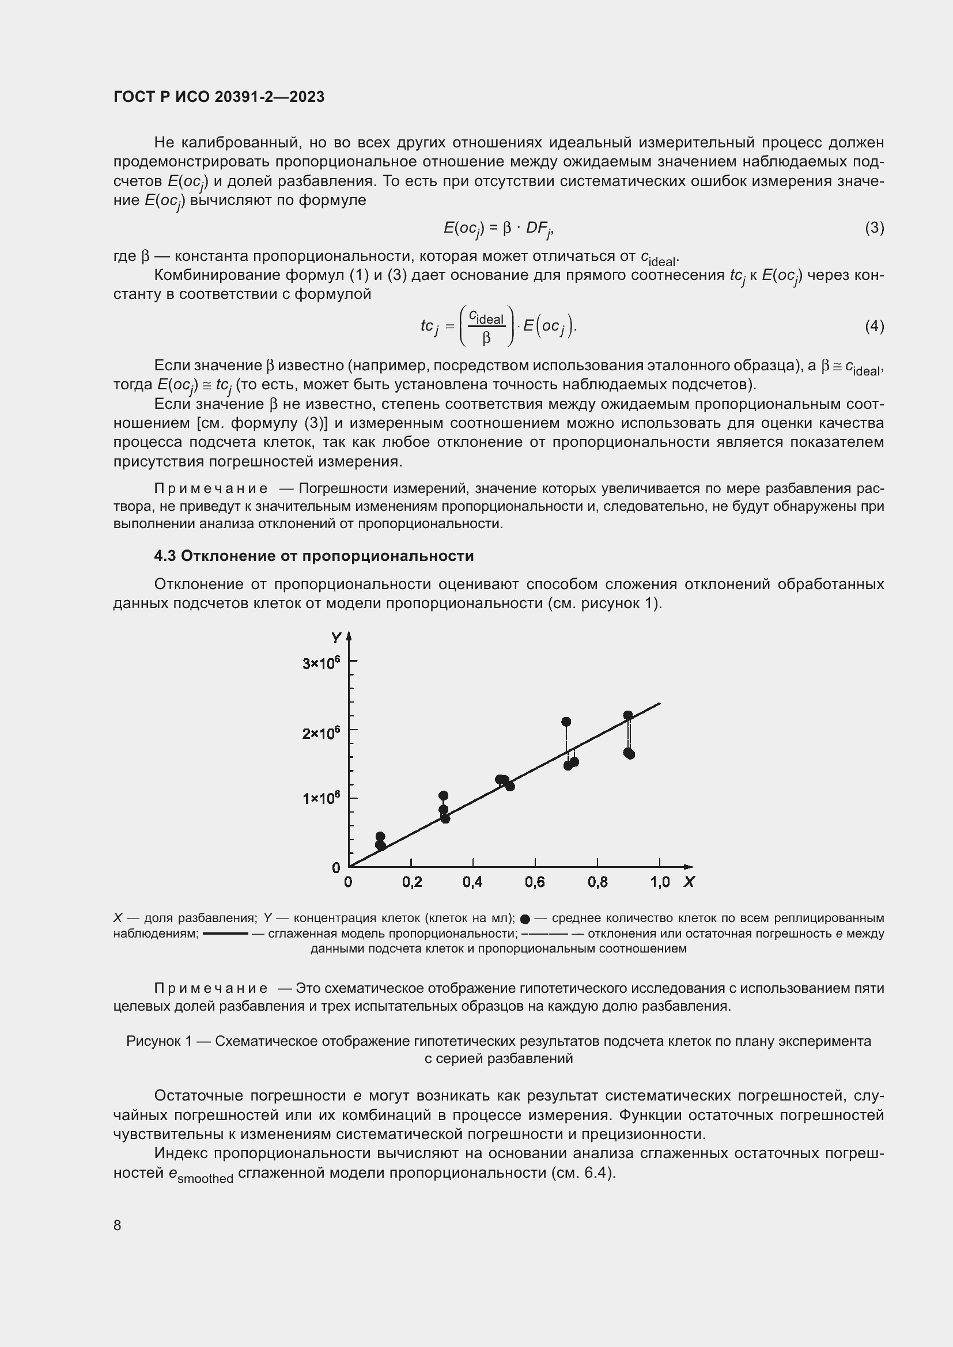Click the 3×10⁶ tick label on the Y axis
tap(321, 663)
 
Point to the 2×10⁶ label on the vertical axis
tap(321, 733)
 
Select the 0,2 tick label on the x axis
tap(412, 882)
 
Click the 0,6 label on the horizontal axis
tap(535, 882)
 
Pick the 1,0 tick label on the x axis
tap(660, 882)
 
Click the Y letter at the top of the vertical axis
tap(336, 638)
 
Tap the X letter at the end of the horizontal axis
tap(689, 882)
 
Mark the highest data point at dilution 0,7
tap(566, 722)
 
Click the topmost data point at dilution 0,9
tap(628, 715)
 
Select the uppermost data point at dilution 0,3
tap(443, 795)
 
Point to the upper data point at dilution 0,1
tap(380, 837)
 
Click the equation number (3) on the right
tap(874, 227)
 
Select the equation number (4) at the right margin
tap(874, 326)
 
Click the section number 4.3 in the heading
tap(165, 556)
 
